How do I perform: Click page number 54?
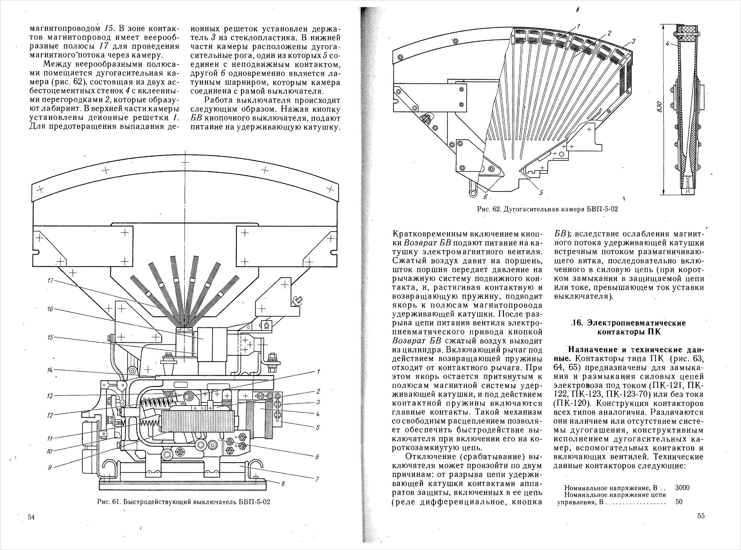pos(31,526)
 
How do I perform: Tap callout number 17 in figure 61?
pos(50,281)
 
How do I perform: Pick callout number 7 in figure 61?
pos(317,478)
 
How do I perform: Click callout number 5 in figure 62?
pos(541,192)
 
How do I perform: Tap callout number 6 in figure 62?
pos(485,197)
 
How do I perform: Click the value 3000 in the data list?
pos(682,488)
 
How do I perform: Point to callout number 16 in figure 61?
pos(50,309)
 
